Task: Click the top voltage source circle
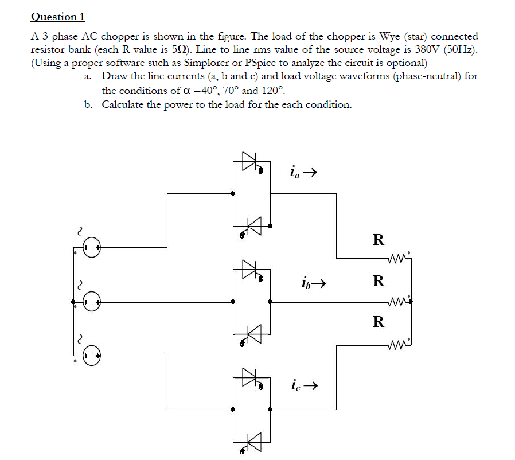(92, 248)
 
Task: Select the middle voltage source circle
(92, 301)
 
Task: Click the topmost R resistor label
(378, 240)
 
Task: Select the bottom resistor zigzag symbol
(398, 345)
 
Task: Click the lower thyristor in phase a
(253, 225)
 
